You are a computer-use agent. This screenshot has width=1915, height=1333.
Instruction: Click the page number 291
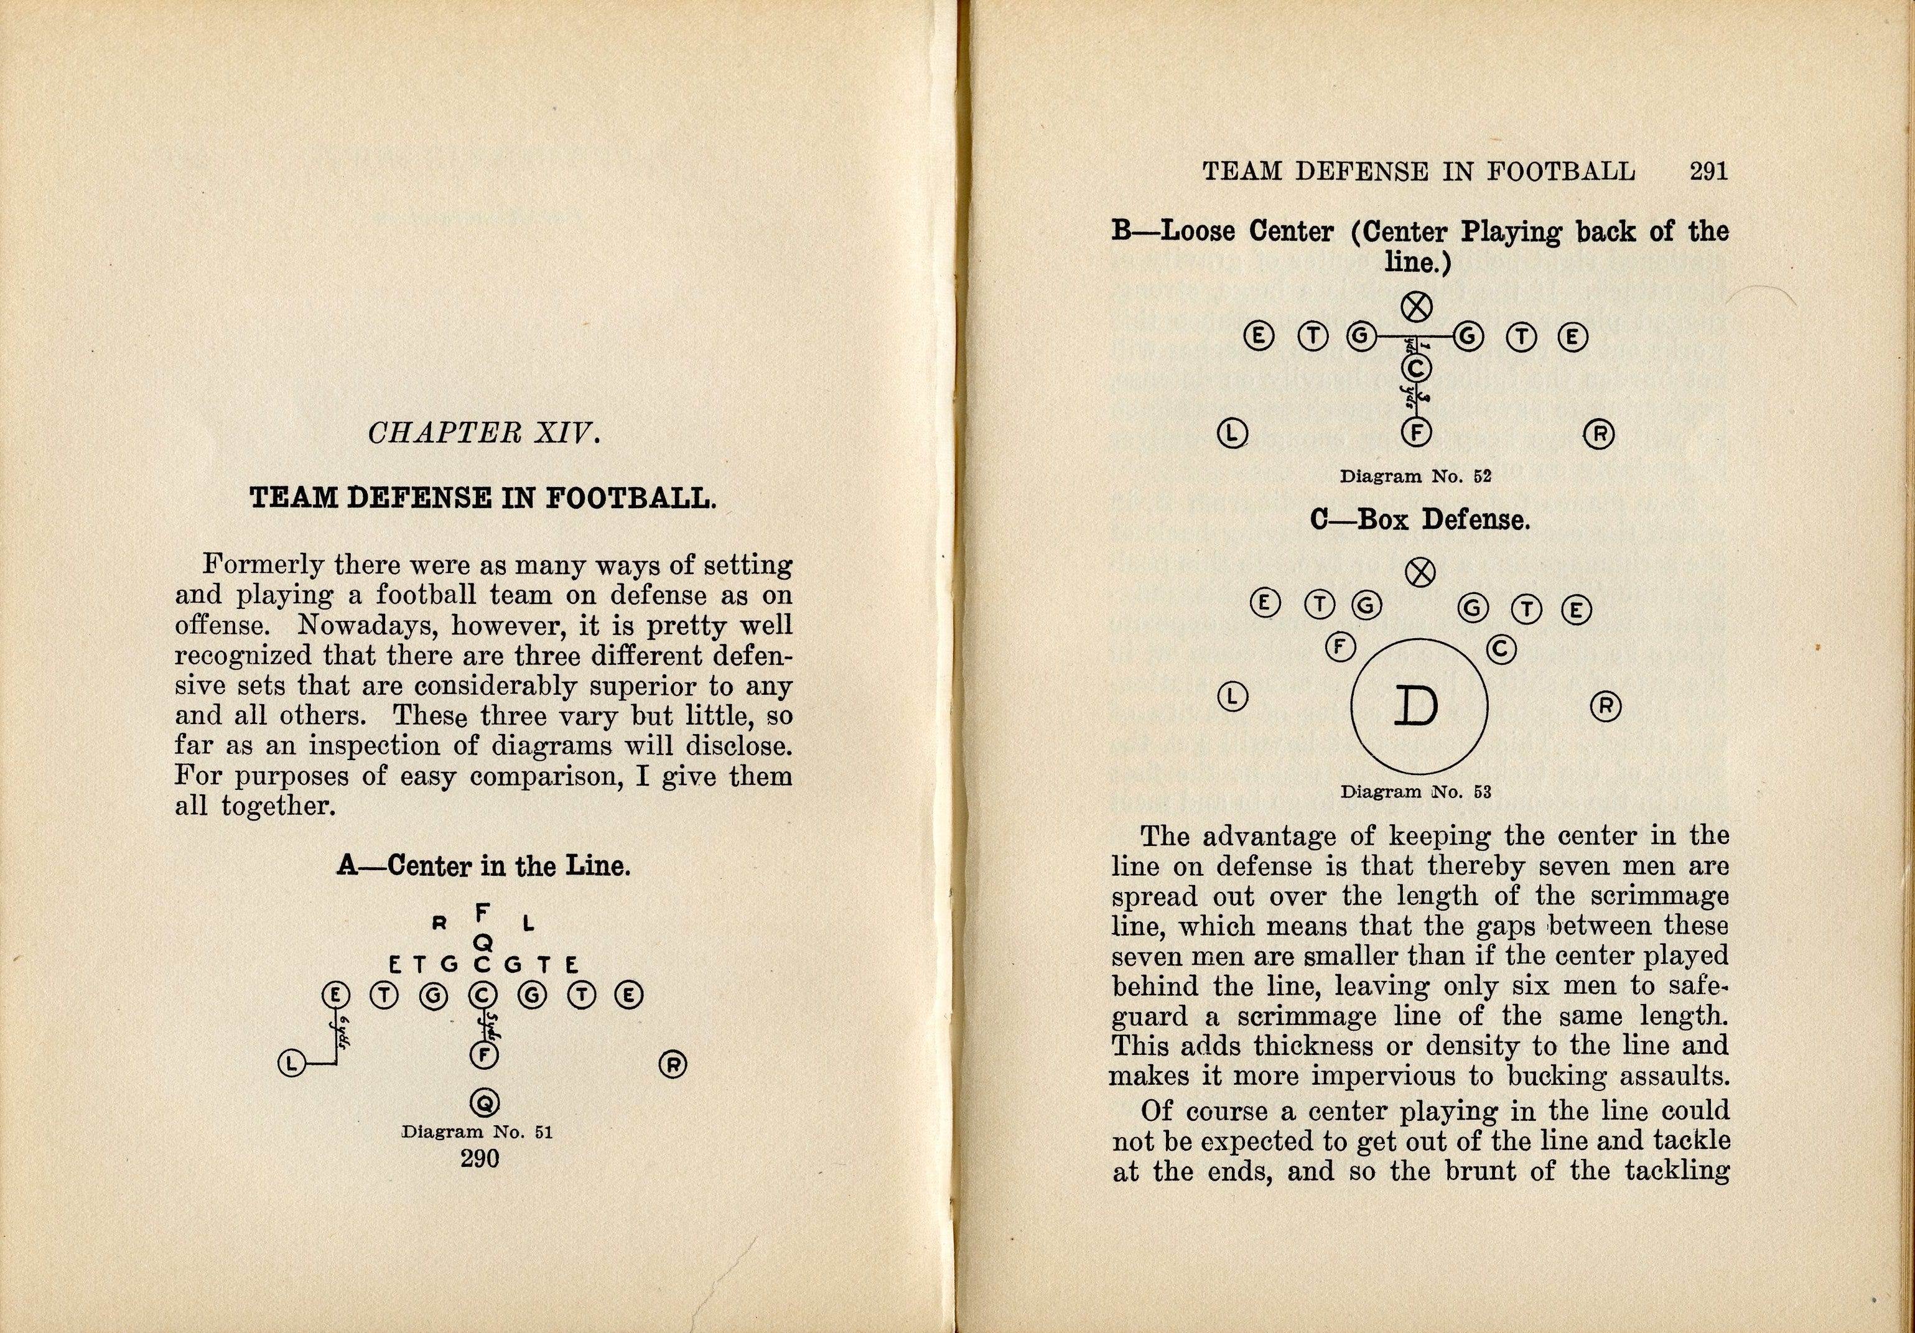[1708, 172]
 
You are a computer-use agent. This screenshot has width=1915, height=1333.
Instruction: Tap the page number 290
[480, 1158]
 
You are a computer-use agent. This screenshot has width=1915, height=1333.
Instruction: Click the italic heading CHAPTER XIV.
[484, 433]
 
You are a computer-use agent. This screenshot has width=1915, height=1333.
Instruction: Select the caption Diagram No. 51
[477, 1132]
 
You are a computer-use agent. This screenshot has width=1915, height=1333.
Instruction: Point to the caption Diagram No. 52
[1415, 477]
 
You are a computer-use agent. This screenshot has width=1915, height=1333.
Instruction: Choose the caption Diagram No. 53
[1415, 791]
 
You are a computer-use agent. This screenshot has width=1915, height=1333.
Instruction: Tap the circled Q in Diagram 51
[484, 1103]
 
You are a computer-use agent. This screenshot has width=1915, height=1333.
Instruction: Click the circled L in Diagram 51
[291, 1063]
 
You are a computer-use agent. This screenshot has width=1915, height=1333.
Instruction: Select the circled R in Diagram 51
[673, 1064]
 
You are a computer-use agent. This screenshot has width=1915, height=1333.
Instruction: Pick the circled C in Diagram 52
[1415, 368]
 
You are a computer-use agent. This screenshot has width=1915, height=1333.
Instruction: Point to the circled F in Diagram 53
[1340, 647]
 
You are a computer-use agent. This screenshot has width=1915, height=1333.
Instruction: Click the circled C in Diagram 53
[1501, 649]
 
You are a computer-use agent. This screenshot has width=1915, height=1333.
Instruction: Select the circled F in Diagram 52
[1415, 432]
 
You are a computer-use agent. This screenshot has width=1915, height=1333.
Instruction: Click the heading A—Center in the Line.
[484, 865]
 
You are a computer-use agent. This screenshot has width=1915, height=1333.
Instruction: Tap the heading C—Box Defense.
[1420, 520]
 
